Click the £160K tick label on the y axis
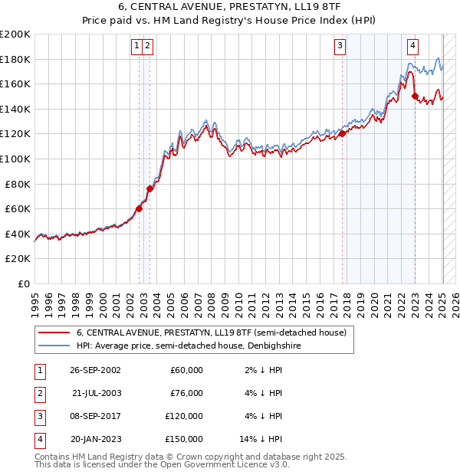point(15,84)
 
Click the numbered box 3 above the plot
point(339,46)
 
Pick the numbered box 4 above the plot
point(412,46)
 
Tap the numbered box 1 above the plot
point(136,46)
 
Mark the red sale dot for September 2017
point(341,134)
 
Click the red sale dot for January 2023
point(415,97)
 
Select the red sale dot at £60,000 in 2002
point(139,208)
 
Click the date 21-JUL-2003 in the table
point(96,393)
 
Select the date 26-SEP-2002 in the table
point(96,370)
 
